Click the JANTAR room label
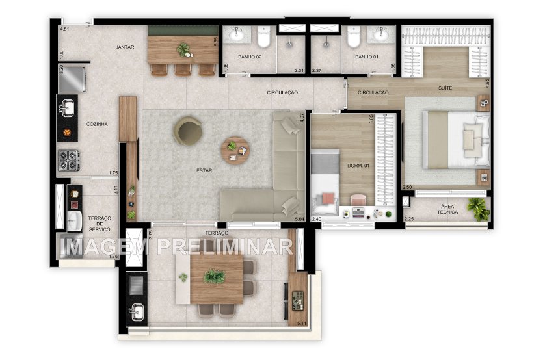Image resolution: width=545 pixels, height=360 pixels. (125, 47)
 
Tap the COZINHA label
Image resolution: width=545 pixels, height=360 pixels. (96, 123)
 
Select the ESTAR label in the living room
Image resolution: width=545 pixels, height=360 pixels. (204, 171)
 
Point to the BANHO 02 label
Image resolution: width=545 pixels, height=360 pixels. (249, 57)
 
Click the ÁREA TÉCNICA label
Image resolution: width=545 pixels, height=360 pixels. (447, 209)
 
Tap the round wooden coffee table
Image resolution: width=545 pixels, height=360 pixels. (234, 150)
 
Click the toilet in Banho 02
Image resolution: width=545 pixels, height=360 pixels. (263, 40)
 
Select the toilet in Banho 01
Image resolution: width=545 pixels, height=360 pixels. (353, 40)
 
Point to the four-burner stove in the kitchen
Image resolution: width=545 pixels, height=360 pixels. (68, 159)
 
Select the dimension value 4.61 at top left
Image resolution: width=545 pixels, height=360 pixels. (64, 29)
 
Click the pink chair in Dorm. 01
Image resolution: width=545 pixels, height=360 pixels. (358, 199)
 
